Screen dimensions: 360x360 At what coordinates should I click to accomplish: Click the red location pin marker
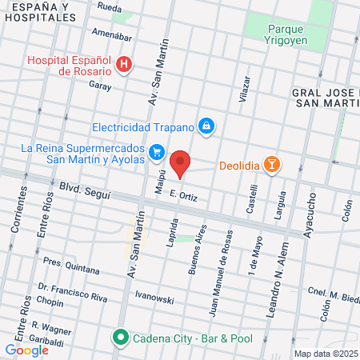[181, 163]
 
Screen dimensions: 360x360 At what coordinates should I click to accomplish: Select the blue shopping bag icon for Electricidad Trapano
[207, 126]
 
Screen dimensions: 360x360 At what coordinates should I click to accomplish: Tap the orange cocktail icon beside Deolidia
[274, 165]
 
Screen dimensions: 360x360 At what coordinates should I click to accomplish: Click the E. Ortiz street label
[183, 196]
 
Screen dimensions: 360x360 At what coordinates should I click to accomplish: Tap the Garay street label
[99, 83]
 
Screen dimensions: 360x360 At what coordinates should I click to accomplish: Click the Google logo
[26, 350]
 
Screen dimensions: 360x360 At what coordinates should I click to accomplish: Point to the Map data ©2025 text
[325, 354]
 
